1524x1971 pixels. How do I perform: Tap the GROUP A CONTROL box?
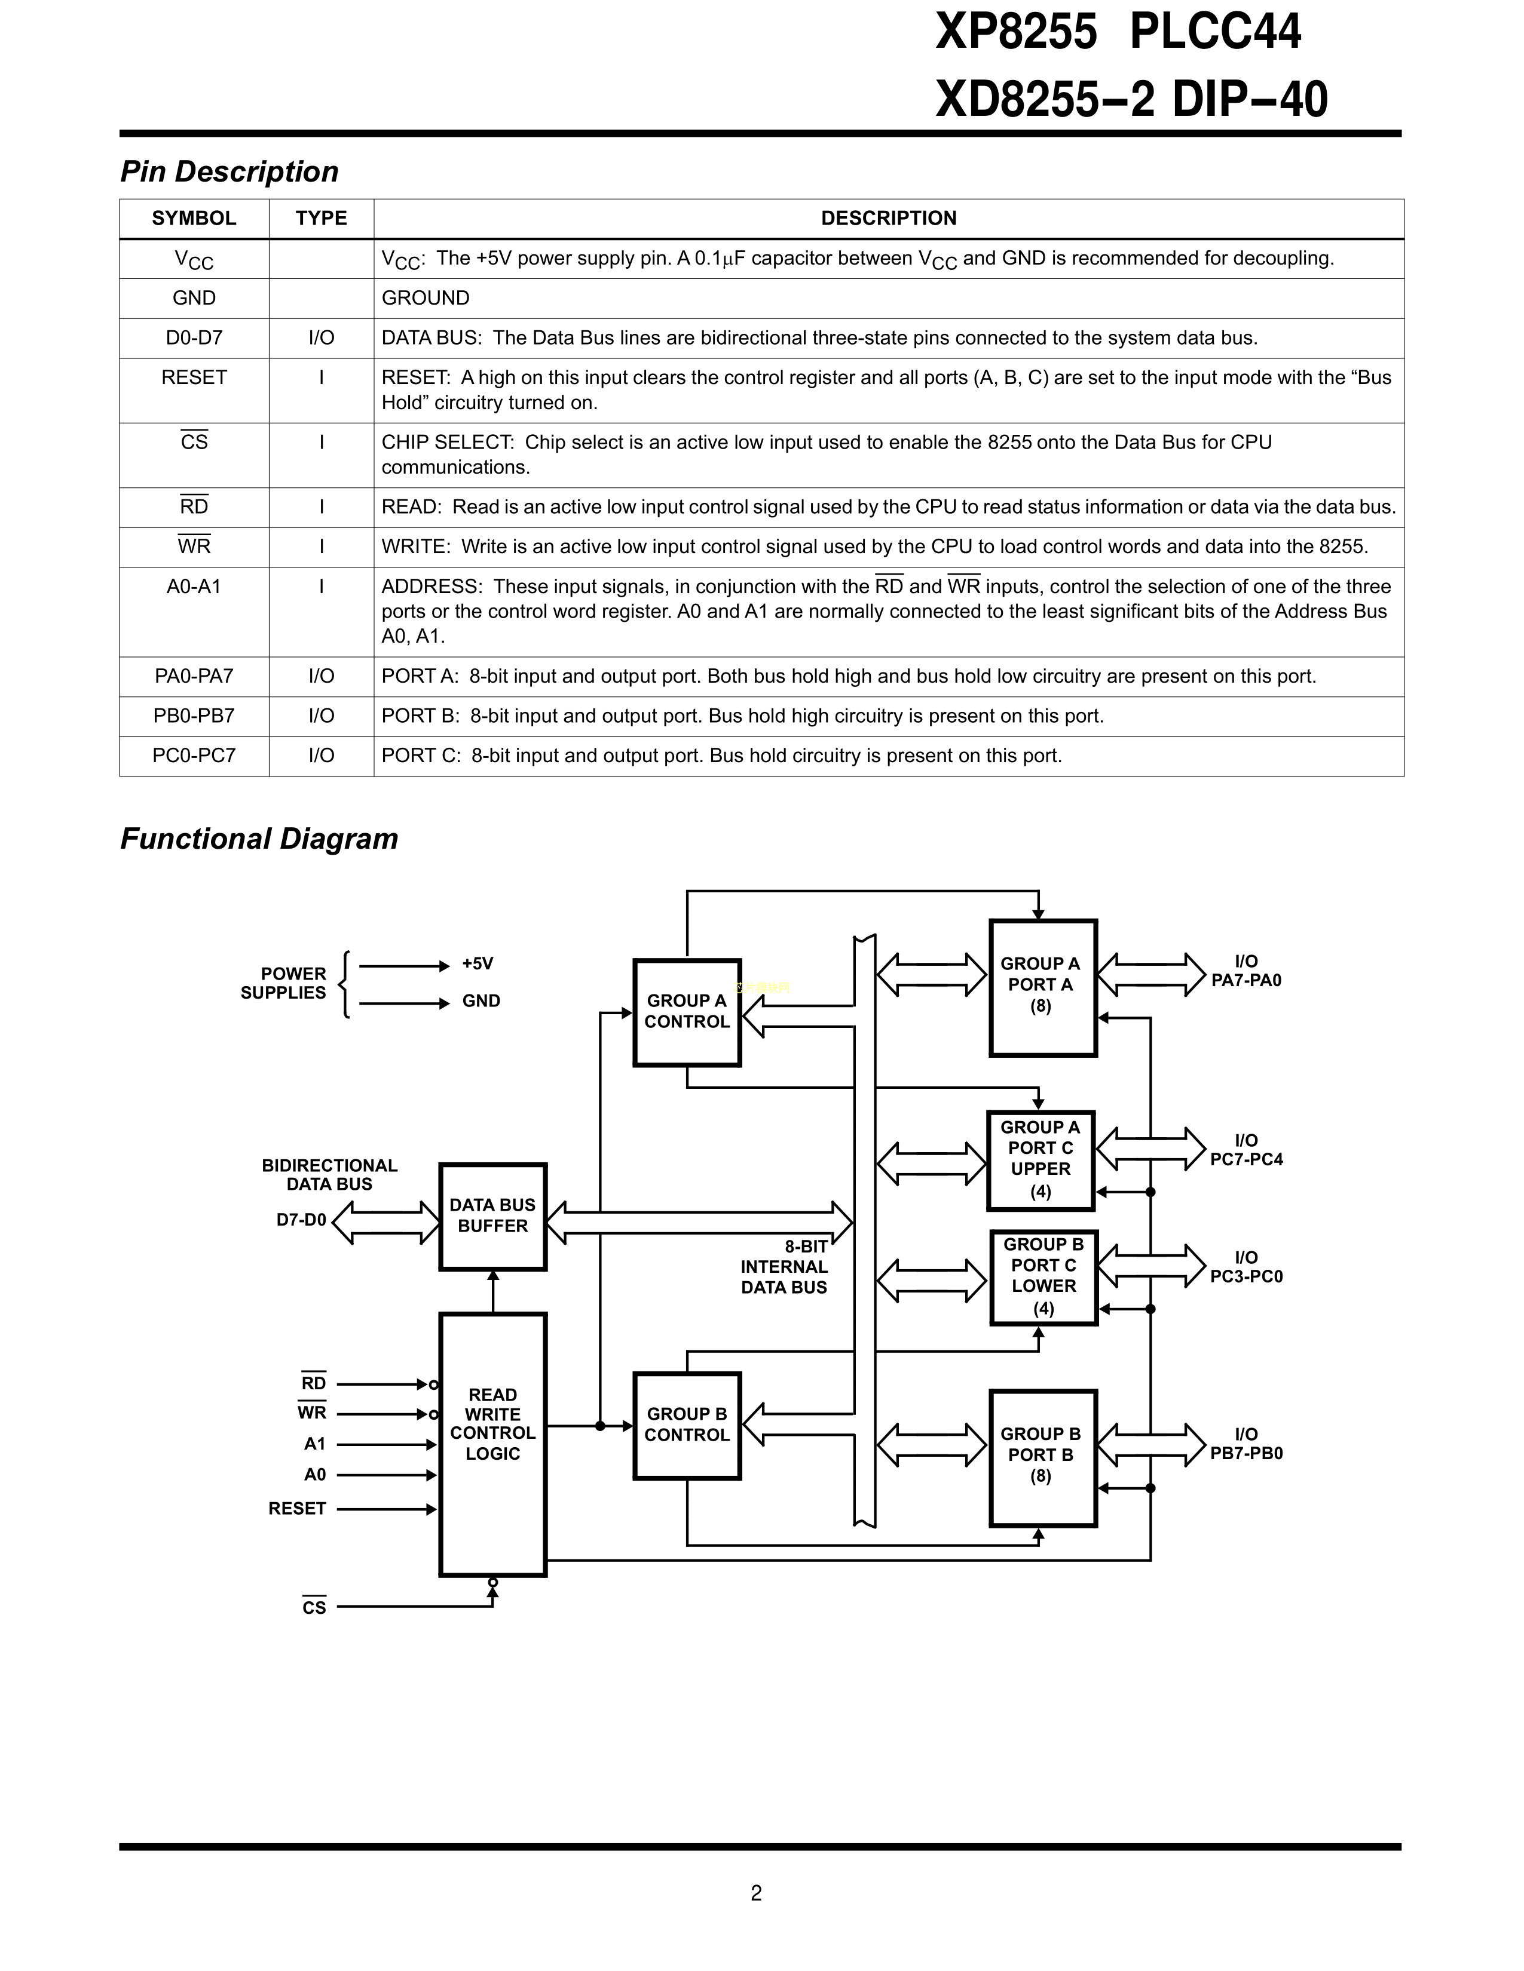pos(687,1012)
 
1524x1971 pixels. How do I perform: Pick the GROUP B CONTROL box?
pos(687,1425)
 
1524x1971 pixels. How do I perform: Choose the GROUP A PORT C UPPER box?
pos(1041,1160)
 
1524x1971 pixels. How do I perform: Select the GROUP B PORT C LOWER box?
pos(1043,1277)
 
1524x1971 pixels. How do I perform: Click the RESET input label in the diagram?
pos(297,1509)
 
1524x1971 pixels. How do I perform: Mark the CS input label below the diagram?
pos(314,1607)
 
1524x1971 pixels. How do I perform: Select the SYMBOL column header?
pos(194,219)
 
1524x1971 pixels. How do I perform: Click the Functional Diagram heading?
pos(259,839)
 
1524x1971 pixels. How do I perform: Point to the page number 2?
pos(757,1893)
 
